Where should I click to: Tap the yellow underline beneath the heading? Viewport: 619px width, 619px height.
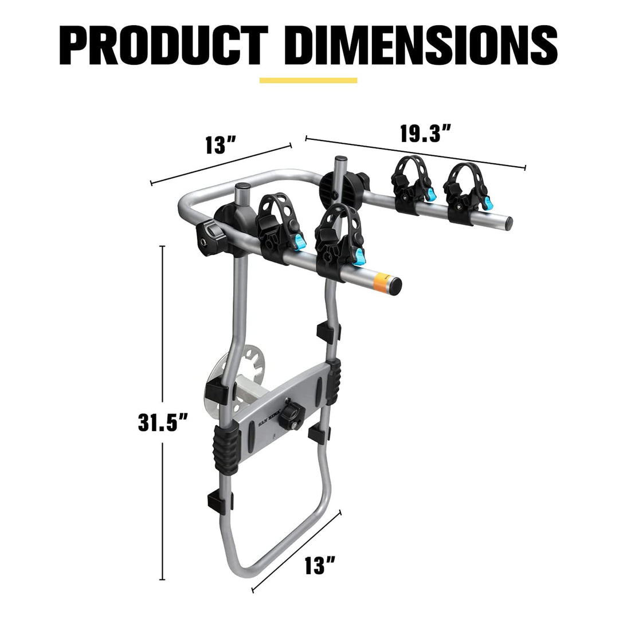pyautogui.click(x=308, y=81)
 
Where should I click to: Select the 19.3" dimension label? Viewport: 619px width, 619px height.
pyautogui.click(x=426, y=134)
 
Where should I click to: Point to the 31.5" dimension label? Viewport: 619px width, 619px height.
pyautogui.click(x=163, y=422)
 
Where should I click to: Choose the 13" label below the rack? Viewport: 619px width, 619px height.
pyautogui.click(x=320, y=566)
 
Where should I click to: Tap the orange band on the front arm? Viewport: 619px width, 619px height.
pyautogui.click(x=379, y=281)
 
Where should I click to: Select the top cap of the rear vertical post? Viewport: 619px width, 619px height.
pyautogui.click(x=340, y=159)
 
